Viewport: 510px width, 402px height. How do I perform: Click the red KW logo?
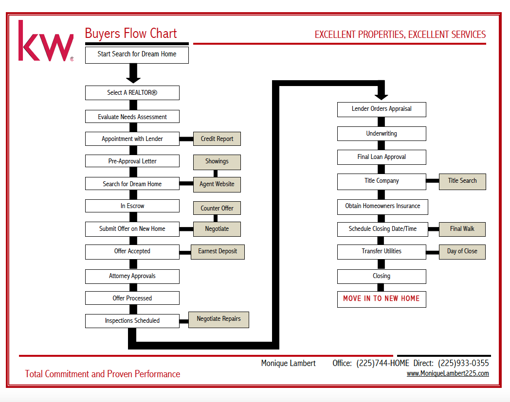[46, 41]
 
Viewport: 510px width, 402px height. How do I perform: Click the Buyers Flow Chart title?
[131, 34]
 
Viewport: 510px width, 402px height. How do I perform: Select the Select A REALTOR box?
[132, 93]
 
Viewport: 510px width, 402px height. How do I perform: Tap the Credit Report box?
[217, 139]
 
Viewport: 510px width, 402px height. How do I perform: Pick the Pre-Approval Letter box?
[132, 161]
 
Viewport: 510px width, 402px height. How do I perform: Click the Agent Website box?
[217, 184]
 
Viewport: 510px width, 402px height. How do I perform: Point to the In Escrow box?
[132, 206]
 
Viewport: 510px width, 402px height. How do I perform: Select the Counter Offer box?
[217, 208]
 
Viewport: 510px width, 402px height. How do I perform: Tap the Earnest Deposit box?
[218, 252]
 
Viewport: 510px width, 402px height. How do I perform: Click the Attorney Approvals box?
[132, 276]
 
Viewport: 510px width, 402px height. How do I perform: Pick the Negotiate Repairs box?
[219, 320]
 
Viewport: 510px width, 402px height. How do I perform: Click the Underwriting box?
[382, 134]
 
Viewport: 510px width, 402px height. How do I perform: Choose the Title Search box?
[462, 181]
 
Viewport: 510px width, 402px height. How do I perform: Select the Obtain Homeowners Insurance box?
[382, 207]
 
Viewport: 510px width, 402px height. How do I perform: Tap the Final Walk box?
[462, 229]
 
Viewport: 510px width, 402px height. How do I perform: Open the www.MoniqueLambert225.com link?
[448, 373]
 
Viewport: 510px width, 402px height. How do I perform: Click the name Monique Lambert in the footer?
[288, 363]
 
